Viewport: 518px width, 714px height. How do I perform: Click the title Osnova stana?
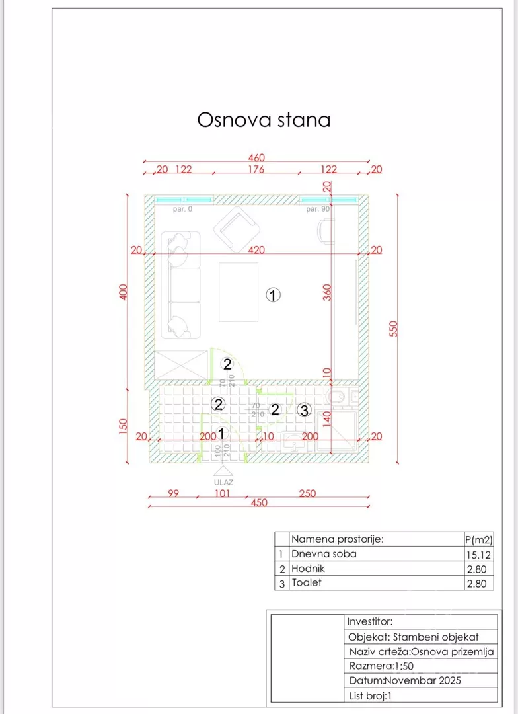click(x=264, y=120)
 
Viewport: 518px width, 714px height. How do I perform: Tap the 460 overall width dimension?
click(x=256, y=158)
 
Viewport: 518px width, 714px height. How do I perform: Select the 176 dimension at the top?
click(x=256, y=169)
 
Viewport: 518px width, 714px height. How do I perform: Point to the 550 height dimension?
click(x=394, y=329)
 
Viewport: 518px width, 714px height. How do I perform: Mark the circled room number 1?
click(x=274, y=295)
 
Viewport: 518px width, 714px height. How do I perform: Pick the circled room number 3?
click(x=303, y=411)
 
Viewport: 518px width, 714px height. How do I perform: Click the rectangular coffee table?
click(x=239, y=292)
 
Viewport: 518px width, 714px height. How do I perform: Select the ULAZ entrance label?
click(x=223, y=482)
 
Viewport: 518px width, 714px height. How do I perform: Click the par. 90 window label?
click(x=318, y=210)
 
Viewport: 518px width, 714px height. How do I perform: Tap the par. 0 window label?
click(x=182, y=210)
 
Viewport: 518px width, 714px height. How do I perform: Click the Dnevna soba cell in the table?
click(x=324, y=554)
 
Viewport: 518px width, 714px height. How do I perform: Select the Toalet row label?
click(x=307, y=583)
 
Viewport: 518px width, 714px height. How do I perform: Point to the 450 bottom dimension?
click(x=259, y=503)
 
